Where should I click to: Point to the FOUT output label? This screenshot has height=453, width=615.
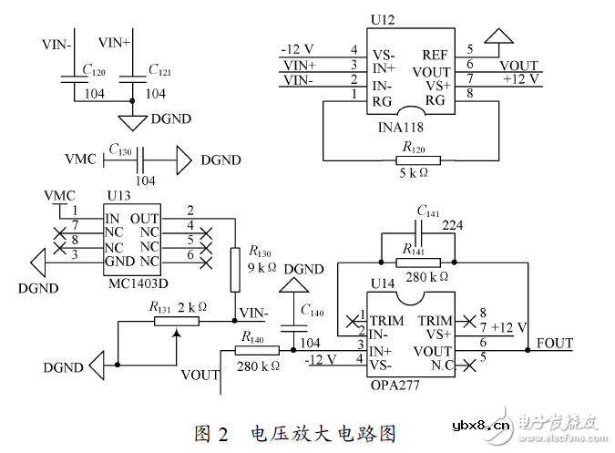556,344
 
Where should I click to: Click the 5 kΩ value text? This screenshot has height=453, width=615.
413,173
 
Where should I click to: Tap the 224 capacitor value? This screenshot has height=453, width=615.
453,225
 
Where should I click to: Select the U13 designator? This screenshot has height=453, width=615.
118,196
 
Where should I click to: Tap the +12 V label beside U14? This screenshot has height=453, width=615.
510,327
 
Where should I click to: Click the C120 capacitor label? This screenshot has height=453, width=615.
92,69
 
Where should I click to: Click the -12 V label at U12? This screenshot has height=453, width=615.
299,48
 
